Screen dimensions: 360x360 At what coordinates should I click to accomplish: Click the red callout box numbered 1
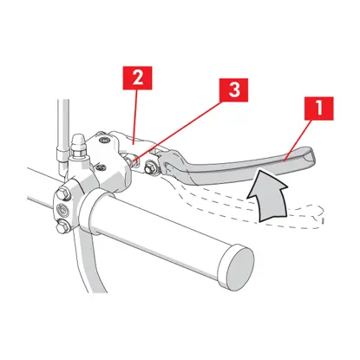[319, 108]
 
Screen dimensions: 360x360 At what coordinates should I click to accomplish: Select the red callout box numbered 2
[137, 78]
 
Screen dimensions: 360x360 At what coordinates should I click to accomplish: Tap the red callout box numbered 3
[234, 90]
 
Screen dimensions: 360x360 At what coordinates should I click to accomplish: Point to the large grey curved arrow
[268, 196]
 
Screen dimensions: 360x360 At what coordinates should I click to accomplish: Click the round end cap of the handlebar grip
[236, 266]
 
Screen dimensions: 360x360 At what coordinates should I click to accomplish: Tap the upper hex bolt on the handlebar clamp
[64, 193]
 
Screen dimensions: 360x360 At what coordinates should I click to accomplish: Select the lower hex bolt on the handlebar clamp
[63, 226]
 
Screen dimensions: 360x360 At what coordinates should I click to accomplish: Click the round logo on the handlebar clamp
[62, 210]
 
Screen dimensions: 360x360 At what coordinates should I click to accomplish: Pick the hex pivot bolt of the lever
[151, 167]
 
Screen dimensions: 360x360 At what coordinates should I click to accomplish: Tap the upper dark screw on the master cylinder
[102, 141]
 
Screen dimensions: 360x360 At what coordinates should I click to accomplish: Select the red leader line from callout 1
[298, 141]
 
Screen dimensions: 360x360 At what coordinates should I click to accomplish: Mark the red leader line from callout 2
[135, 115]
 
